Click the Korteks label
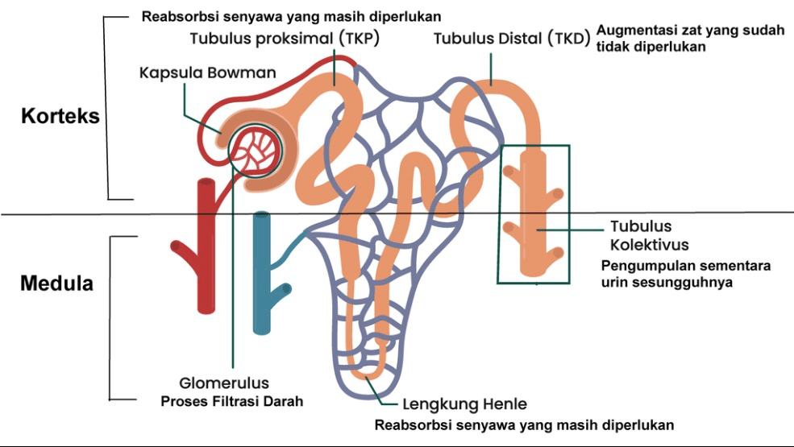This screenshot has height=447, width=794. (60, 116)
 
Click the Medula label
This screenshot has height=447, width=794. (56, 284)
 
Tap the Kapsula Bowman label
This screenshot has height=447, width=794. (207, 72)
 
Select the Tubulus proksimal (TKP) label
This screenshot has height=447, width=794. (285, 39)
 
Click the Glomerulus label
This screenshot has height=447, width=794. (224, 383)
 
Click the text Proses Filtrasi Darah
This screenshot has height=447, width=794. (231, 400)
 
